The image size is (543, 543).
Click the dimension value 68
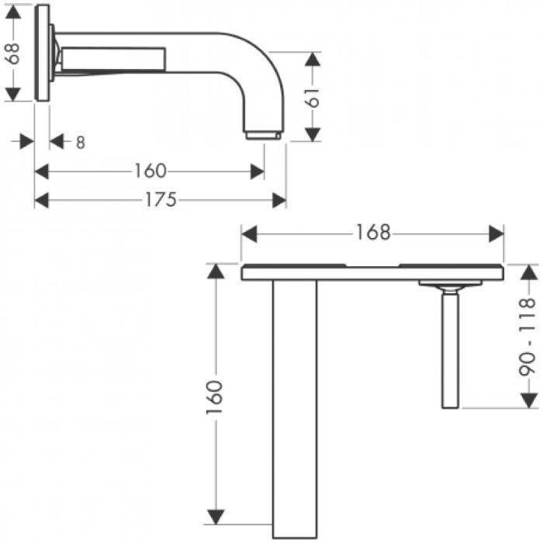tap(13, 53)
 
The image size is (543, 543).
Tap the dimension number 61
tap(313, 97)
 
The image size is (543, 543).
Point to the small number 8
tap(81, 142)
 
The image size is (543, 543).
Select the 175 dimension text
tap(161, 199)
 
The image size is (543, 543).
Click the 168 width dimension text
tap(373, 233)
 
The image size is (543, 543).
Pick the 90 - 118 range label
tap(528, 337)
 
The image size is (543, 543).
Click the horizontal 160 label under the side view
tap(150, 171)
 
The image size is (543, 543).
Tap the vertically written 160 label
tap(215, 397)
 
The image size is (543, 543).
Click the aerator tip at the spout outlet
tap(263, 136)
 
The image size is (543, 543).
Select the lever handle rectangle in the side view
tap(113, 59)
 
